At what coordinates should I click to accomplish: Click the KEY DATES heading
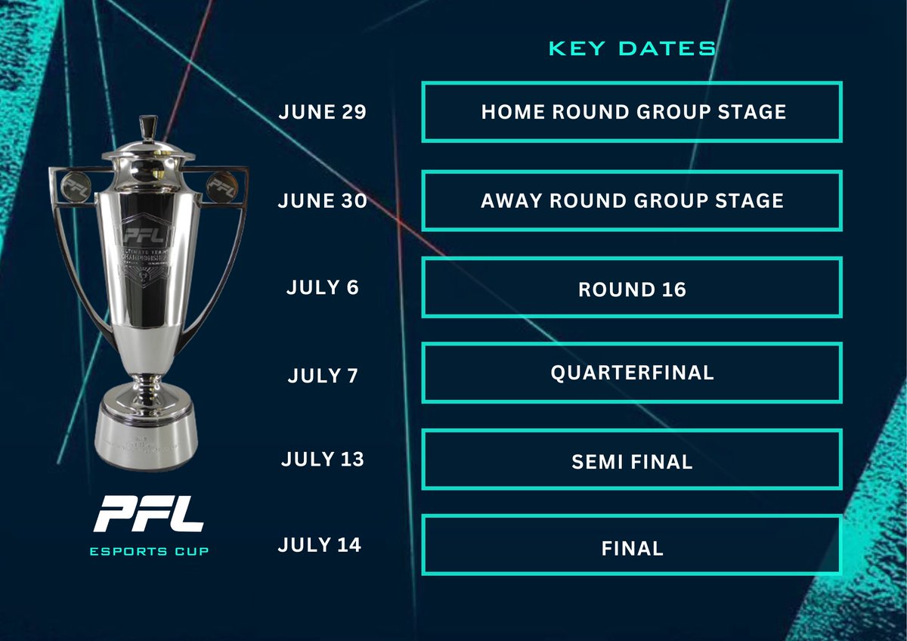(x=632, y=49)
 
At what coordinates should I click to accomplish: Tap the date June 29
(x=322, y=113)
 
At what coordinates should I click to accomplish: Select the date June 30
(x=322, y=200)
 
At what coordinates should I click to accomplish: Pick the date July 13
(x=322, y=460)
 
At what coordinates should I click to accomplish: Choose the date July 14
(x=320, y=545)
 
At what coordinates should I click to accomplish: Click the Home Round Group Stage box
(x=632, y=113)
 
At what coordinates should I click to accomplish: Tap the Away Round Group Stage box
(x=632, y=201)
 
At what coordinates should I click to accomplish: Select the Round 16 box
(x=632, y=288)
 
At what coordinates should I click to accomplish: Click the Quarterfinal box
(x=632, y=373)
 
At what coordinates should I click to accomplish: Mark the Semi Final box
(x=632, y=460)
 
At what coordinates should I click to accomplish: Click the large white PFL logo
(x=148, y=514)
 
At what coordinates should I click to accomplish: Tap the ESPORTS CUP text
(x=148, y=551)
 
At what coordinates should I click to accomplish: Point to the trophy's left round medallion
(x=74, y=182)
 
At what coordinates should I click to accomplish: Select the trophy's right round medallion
(x=221, y=182)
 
